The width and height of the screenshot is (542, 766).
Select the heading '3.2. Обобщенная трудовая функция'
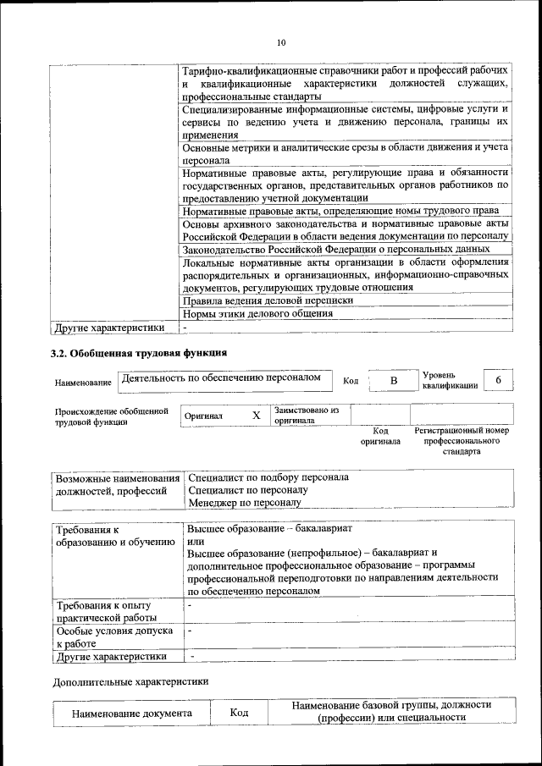point(139,351)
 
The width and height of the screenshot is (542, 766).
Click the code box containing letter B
point(393,381)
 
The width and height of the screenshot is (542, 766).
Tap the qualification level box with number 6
point(499,381)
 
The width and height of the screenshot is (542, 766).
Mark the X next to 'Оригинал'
point(256,416)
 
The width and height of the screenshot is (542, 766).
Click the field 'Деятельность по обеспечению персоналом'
point(222,378)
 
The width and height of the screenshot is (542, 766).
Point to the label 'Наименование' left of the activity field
point(83,383)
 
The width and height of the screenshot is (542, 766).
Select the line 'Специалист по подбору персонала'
point(268,477)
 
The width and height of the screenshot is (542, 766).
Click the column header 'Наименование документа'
point(131,714)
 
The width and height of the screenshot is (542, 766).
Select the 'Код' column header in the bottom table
point(238,714)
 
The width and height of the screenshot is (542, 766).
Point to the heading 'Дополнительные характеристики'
point(130,681)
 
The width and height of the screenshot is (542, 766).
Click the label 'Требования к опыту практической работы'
point(102,612)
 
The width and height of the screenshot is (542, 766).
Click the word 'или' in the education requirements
point(195,540)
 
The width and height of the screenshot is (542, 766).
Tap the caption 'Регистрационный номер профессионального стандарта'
point(462,441)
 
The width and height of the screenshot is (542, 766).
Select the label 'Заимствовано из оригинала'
point(306,415)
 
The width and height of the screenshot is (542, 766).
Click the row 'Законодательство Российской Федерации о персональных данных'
point(335,250)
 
